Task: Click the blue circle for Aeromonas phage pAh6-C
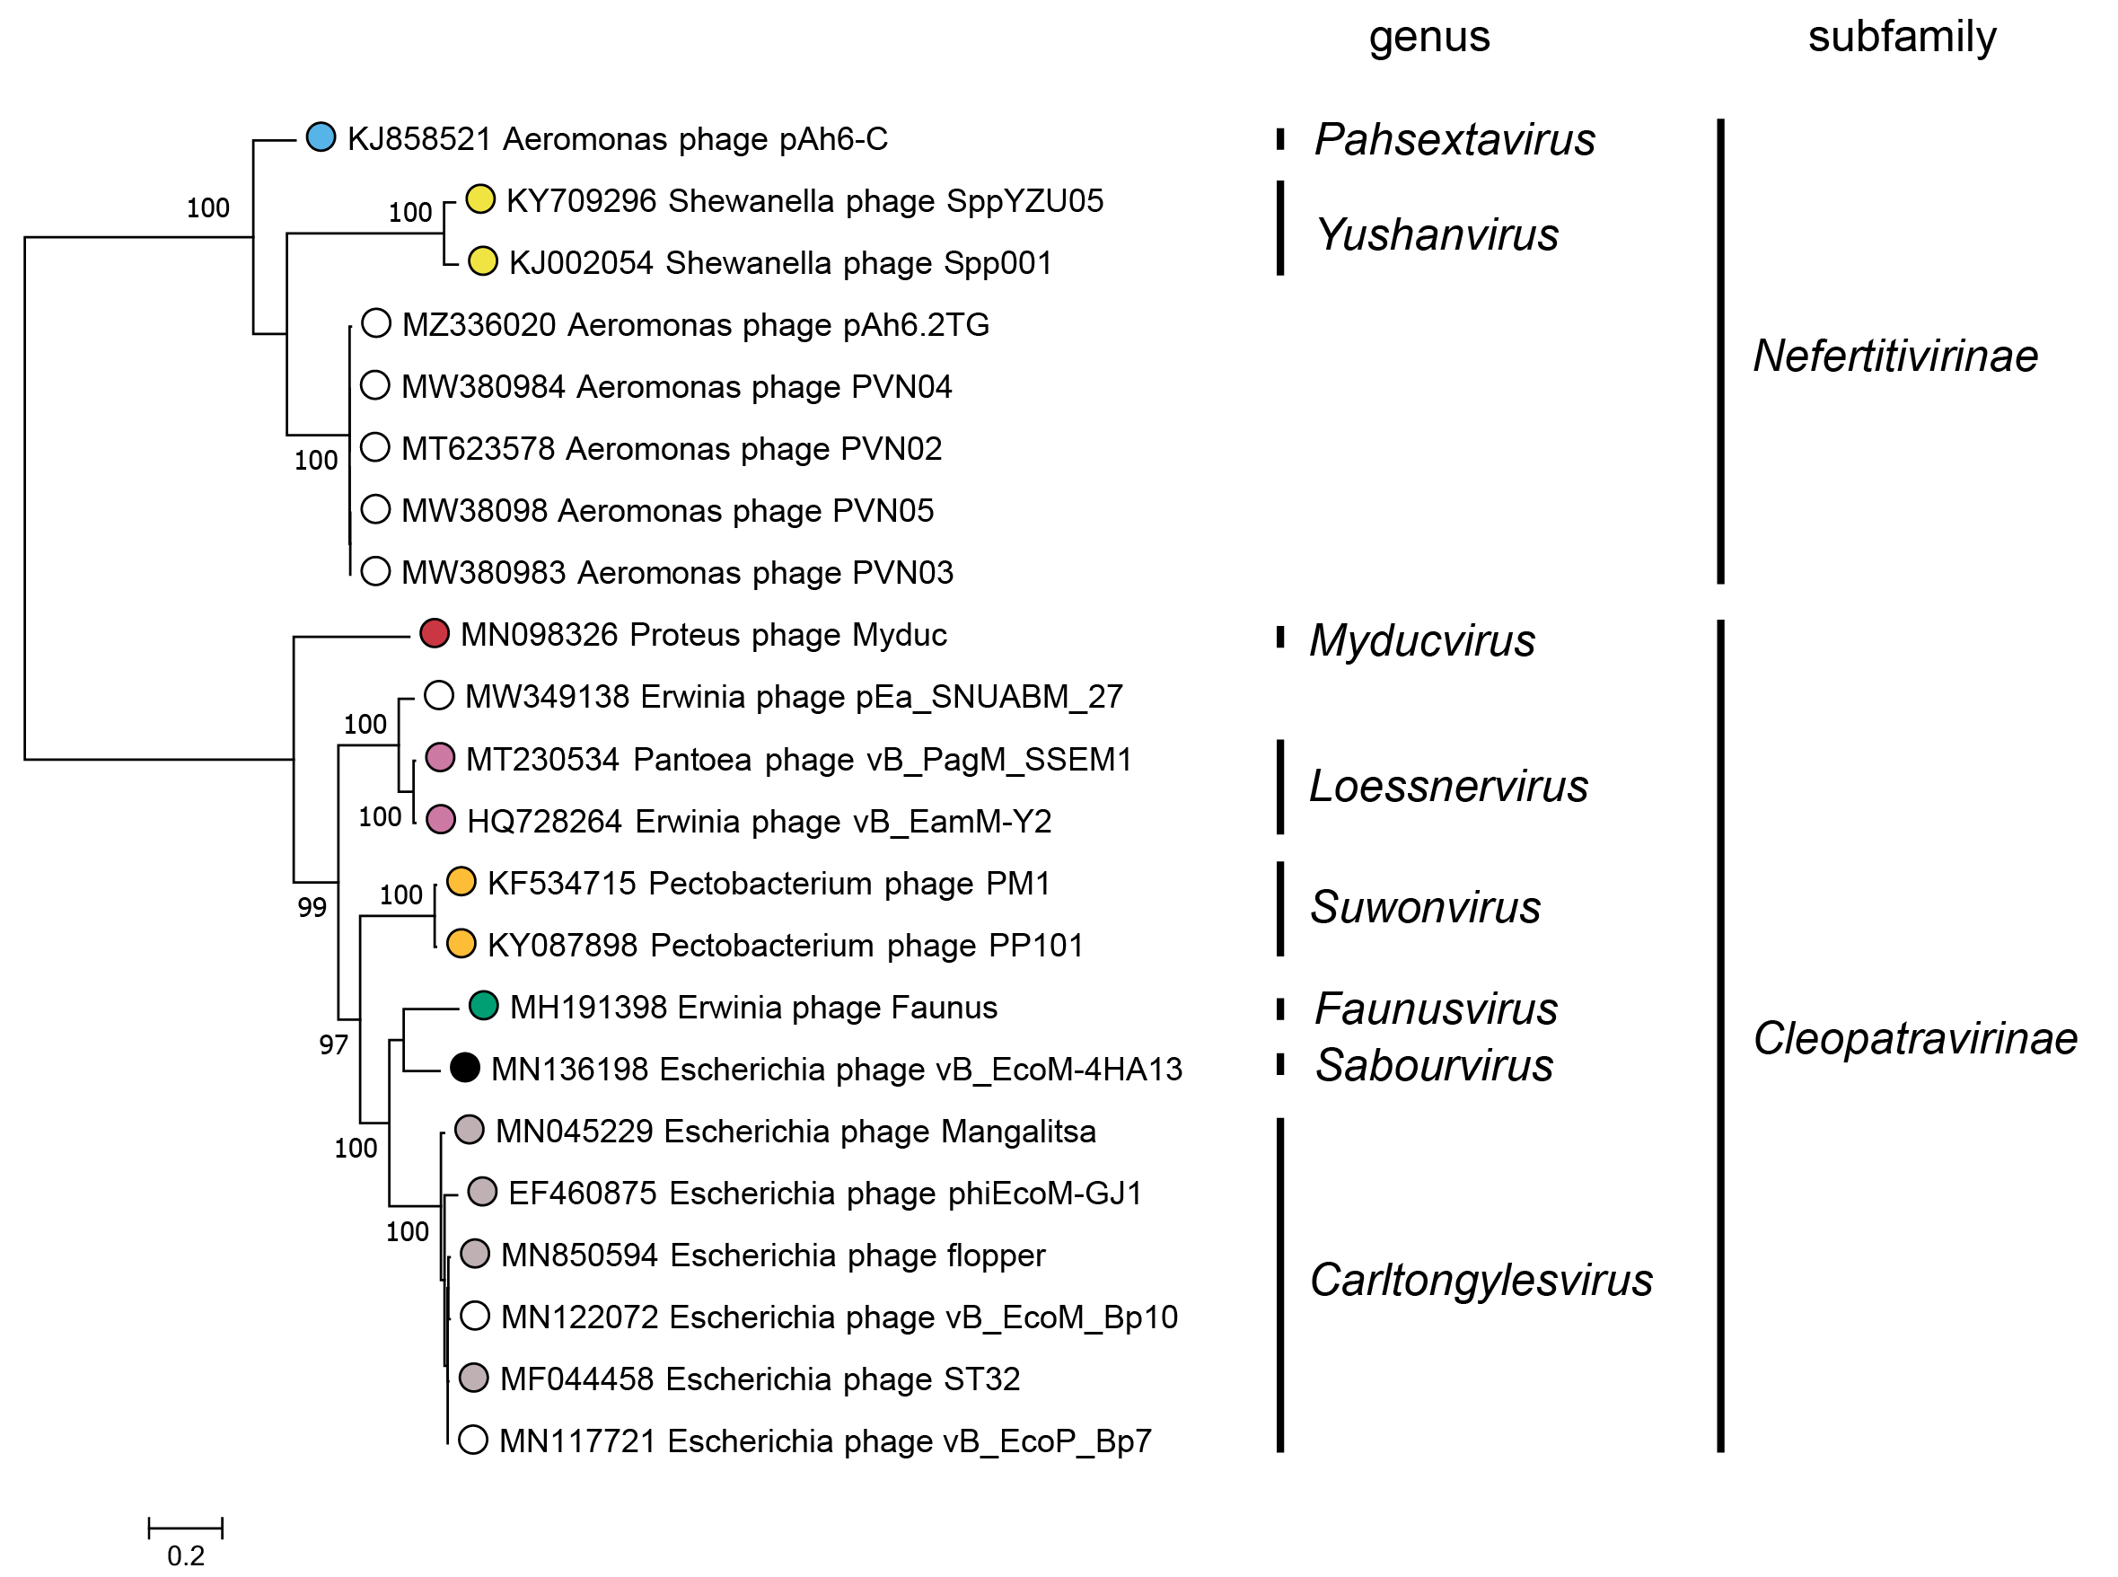pos(321,137)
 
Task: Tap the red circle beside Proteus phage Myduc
pos(435,633)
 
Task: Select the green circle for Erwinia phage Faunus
pos(484,1005)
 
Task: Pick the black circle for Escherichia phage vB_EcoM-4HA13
pos(465,1067)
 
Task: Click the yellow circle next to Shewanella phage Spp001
pos(483,260)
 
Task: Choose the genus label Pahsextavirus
pos(1454,140)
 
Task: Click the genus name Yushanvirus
pos(1437,234)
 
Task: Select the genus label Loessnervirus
pos(1448,787)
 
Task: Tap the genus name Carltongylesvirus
pos(1481,1280)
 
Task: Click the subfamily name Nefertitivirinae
pos(1894,356)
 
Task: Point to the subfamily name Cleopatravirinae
pos(1915,1038)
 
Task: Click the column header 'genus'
pos(1428,37)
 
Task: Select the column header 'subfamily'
pos(1902,37)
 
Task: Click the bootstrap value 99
pos(312,908)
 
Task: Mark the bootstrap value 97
pos(333,1045)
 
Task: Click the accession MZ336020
pos(479,324)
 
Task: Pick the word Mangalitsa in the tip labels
pos(1018,1132)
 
